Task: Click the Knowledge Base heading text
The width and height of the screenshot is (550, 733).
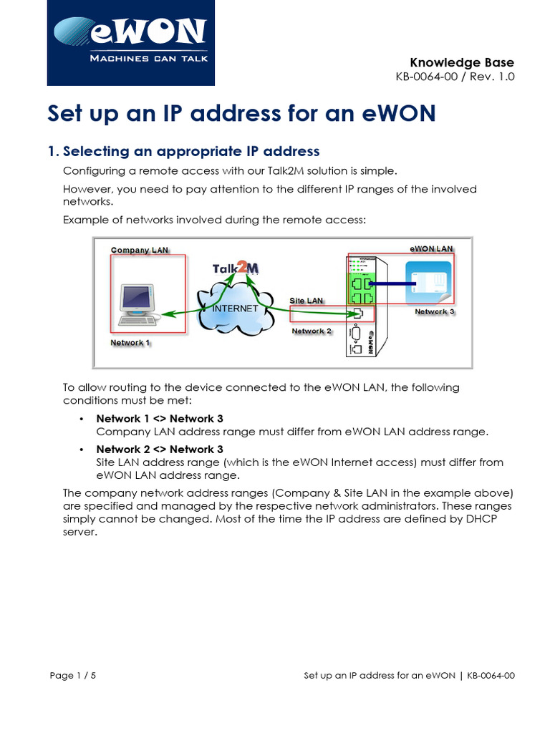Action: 461,62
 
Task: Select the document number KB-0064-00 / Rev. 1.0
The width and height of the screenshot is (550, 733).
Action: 455,77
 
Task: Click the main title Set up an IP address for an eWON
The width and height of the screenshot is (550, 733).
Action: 241,114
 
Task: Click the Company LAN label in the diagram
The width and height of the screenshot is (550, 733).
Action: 140,250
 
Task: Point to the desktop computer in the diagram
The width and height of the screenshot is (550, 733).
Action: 137,301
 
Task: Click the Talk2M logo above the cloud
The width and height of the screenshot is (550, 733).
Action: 236,269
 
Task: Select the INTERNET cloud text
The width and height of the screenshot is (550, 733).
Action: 234,309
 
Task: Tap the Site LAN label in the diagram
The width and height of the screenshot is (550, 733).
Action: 306,301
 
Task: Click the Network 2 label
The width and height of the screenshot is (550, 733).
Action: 311,331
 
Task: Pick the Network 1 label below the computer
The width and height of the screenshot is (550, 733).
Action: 130,343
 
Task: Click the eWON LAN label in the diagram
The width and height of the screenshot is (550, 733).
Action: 431,248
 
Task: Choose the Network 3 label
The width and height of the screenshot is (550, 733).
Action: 435,312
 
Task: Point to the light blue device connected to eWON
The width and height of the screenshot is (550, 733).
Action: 428,283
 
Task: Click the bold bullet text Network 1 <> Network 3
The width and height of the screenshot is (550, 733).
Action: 155,418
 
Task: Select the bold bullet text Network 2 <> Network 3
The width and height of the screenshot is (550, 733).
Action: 155,449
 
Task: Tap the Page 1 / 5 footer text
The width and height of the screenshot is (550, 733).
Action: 73,675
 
